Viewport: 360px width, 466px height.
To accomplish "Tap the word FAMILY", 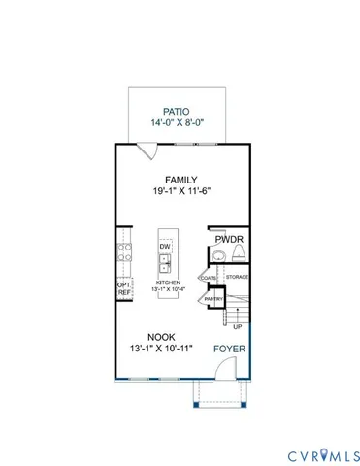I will tap(180, 180).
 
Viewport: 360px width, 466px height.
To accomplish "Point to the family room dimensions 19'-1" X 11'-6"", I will tap(180, 193).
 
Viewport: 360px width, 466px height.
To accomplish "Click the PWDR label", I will tap(230, 237).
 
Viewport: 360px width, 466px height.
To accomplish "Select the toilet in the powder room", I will tap(237, 255).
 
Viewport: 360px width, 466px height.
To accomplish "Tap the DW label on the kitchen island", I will tap(165, 247).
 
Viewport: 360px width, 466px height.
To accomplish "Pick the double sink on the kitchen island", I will tap(165, 265).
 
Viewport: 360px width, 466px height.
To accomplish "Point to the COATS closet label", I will tap(209, 278).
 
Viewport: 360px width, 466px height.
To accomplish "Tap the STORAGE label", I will tap(238, 278).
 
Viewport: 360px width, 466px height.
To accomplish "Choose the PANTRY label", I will tap(213, 300).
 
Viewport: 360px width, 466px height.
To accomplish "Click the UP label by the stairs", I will tap(238, 327).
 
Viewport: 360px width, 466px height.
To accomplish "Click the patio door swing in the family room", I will tap(146, 150).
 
